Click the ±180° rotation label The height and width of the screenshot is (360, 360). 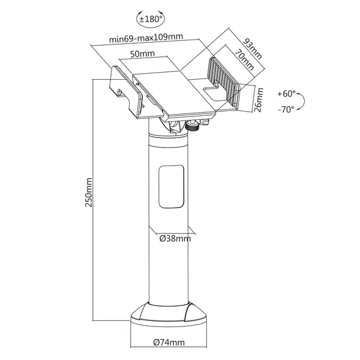(151, 19)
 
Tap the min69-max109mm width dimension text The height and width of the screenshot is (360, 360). (146, 38)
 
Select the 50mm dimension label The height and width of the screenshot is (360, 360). (142, 54)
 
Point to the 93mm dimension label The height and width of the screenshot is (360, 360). (253, 49)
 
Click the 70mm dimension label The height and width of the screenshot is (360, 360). (244, 59)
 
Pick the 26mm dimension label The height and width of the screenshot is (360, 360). (259, 100)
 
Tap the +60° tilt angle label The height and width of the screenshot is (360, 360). (286, 94)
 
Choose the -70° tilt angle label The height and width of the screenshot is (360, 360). (286, 110)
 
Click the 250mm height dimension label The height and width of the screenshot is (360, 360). (89, 193)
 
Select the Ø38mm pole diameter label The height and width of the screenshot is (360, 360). (175, 239)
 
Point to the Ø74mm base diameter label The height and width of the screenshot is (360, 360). (169, 343)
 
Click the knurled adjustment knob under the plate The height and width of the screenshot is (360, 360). (192, 126)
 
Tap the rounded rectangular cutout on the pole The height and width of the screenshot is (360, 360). (171, 187)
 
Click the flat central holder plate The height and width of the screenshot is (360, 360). (175, 94)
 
